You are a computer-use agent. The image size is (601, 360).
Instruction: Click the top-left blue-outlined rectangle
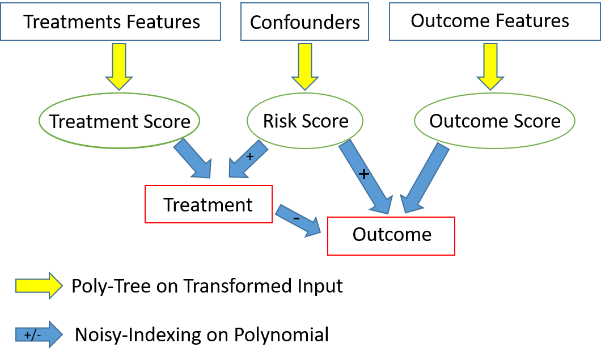tap(111, 22)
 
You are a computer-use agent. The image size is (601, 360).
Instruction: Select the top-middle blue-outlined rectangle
tap(304, 22)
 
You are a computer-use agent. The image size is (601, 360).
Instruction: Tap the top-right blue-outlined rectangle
tap(494, 22)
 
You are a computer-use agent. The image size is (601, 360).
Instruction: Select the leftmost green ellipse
tap(119, 120)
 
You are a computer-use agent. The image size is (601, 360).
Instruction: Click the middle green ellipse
tap(305, 120)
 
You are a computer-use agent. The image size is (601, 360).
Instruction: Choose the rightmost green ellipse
tap(494, 120)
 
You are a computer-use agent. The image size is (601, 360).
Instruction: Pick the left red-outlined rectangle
tap(209, 204)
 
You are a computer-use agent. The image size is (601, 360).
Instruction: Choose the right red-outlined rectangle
tap(391, 236)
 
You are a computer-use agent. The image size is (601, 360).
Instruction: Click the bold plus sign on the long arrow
tap(364, 174)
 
